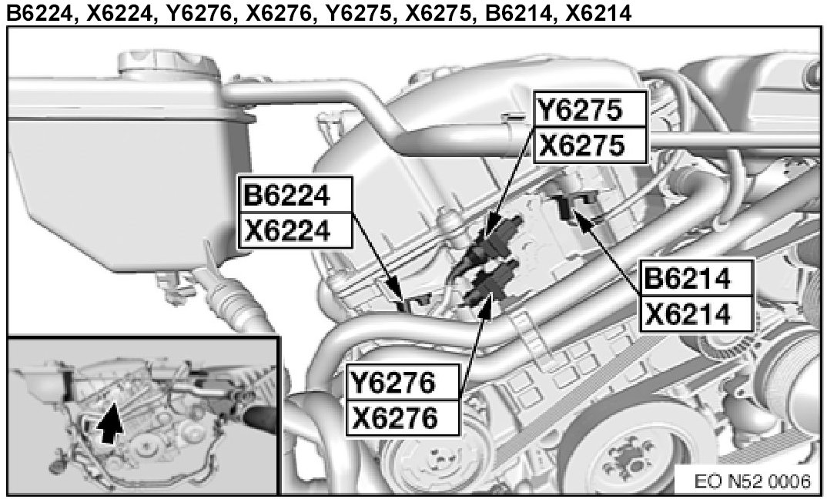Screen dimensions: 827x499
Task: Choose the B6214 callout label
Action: tap(688, 280)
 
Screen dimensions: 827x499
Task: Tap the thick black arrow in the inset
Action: tap(113, 423)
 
